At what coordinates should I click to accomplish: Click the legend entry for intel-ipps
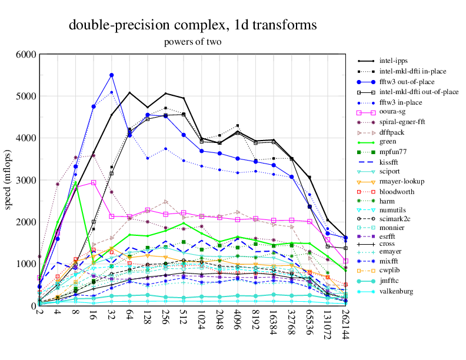(394, 61)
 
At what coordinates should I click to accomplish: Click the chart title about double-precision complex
(193, 25)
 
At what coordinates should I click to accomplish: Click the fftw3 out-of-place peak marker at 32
(112, 75)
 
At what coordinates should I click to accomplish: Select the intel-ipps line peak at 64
(129, 92)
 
